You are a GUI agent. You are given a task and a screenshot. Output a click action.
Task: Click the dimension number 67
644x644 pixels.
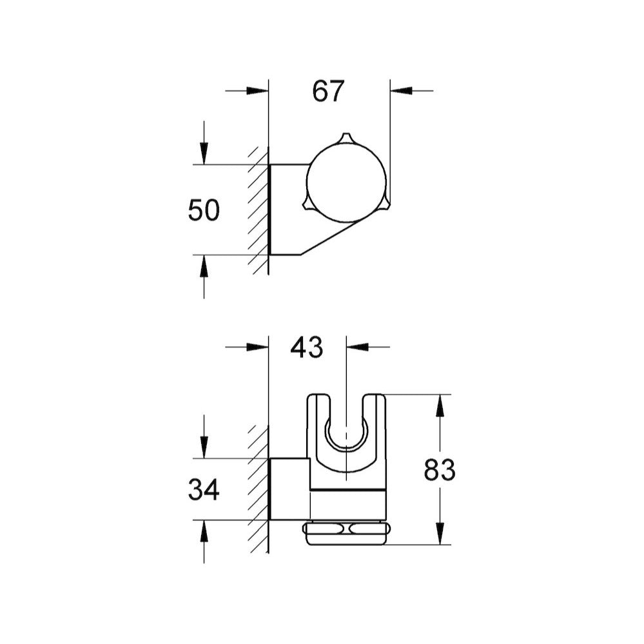pos(329,91)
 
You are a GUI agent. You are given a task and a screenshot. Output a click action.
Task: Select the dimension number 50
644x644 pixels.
pos(204,211)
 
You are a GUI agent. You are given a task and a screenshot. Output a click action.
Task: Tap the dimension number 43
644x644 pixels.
pos(306,347)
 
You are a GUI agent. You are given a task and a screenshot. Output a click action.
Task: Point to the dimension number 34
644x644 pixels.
pos(204,491)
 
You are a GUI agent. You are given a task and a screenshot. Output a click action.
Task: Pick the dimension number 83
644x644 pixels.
pos(440,471)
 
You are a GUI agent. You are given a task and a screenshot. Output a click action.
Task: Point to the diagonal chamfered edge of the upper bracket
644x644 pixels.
pos(332,238)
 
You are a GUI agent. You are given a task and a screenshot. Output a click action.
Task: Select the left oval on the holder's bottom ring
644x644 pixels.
pos(328,529)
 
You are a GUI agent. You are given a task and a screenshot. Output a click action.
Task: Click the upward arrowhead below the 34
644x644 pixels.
pos(204,532)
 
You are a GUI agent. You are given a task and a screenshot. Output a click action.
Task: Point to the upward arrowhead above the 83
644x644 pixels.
pos(440,406)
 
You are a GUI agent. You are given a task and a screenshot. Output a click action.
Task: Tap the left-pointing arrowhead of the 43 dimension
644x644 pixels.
pos(358,347)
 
